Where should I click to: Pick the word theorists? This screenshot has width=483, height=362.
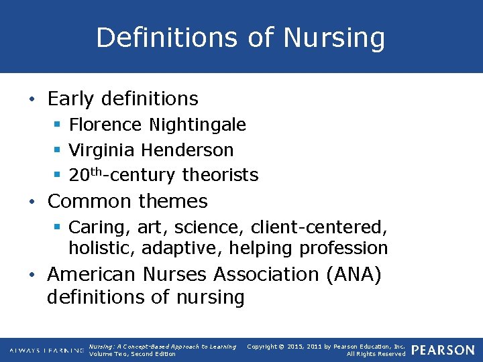tap(220, 176)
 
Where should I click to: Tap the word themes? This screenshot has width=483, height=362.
tap(174, 201)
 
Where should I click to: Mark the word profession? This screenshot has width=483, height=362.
tap(343, 249)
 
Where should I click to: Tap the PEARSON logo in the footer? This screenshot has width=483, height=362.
tap(443, 350)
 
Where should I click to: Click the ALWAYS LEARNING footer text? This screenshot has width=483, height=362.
tap(46, 351)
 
